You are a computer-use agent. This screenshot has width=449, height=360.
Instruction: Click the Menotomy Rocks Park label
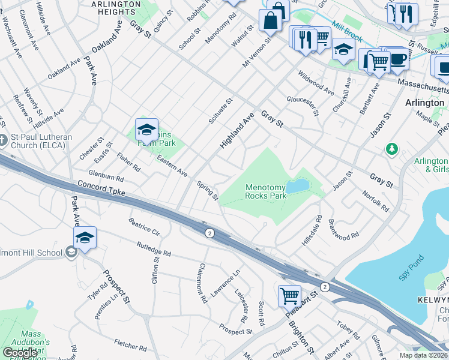point(265,192)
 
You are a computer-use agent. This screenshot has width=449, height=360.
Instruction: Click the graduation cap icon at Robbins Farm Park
point(146,129)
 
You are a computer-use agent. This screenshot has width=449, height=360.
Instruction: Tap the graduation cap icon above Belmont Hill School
point(85,238)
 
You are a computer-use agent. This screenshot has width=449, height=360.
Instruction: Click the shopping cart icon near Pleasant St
point(289,295)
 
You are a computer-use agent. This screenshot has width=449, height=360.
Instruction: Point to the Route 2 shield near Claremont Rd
point(209,233)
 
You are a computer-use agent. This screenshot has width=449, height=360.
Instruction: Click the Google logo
point(20,352)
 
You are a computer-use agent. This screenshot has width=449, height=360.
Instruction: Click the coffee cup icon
point(397,59)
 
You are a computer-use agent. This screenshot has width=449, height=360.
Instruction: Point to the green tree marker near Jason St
point(392,148)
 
